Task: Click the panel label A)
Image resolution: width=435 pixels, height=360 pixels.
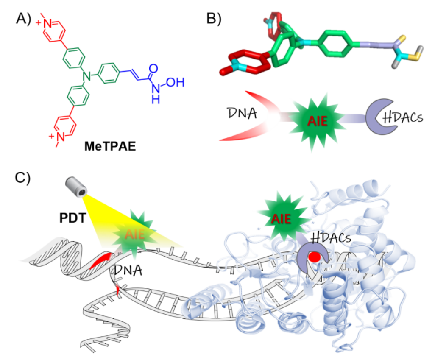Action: click(23, 19)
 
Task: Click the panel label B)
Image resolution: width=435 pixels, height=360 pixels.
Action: click(214, 19)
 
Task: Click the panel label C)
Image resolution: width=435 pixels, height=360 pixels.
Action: click(22, 178)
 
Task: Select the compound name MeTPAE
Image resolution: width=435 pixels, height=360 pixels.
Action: click(110, 146)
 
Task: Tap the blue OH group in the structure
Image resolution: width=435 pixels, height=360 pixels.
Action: click(176, 82)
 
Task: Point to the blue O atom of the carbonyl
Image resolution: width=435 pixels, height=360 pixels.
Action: click(153, 68)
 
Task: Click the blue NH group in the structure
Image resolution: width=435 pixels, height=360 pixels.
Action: click(156, 94)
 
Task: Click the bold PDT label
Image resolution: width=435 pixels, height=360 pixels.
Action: click(72, 218)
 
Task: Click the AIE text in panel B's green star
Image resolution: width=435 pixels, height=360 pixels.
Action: click(318, 121)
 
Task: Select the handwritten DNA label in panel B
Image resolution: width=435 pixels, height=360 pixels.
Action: click(242, 113)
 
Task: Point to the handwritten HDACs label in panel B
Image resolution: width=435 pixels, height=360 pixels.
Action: click(402, 117)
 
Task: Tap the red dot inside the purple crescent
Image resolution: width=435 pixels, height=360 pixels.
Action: click(315, 257)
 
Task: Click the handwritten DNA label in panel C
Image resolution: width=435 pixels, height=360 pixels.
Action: click(128, 270)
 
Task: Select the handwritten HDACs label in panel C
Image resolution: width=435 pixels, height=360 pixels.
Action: click(330, 237)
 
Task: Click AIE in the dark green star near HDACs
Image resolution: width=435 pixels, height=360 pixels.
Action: click(281, 219)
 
